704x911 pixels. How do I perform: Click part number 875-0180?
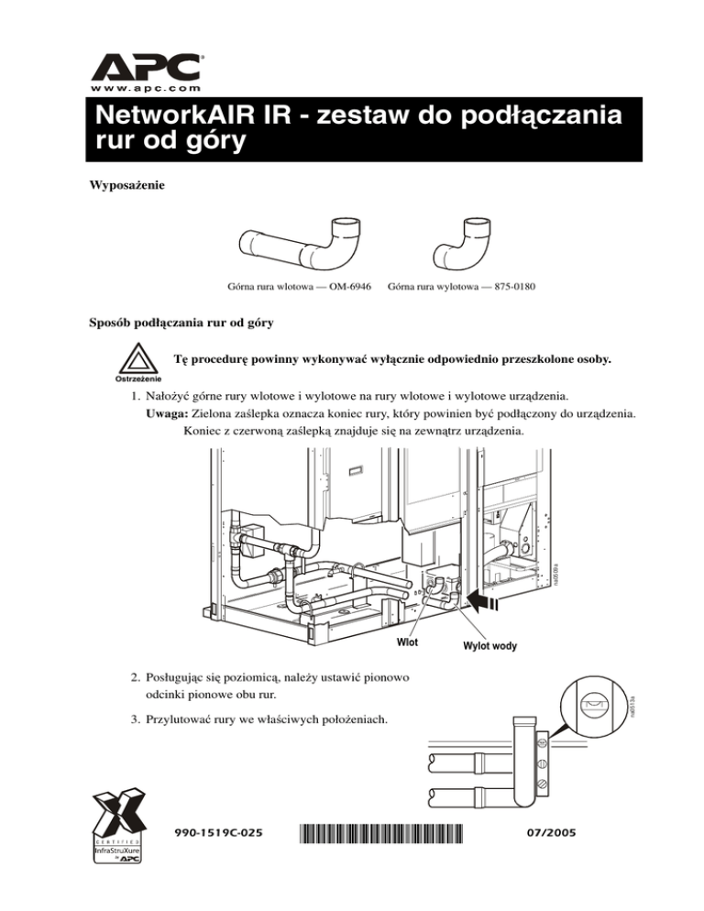tap(508, 287)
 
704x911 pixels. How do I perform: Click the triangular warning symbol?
tap(137, 357)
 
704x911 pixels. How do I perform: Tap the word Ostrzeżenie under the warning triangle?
tap(137, 379)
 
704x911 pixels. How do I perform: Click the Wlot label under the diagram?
tap(406, 642)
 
